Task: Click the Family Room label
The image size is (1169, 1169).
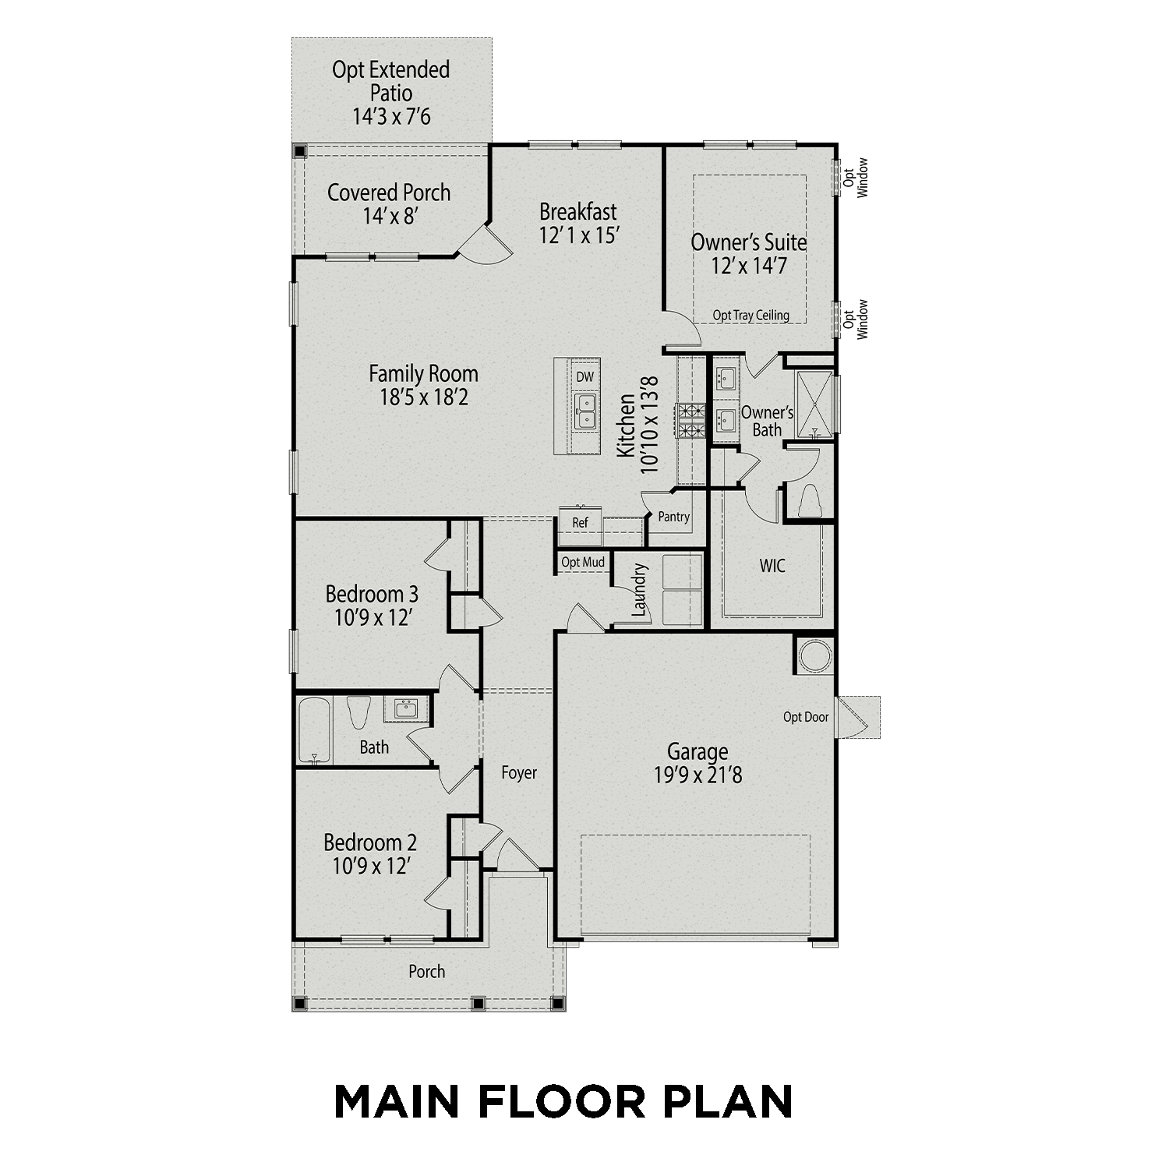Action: click(423, 374)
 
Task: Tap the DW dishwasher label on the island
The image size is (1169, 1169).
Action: click(584, 377)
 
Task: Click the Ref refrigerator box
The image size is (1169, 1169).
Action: click(580, 523)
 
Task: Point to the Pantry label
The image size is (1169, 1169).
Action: click(673, 517)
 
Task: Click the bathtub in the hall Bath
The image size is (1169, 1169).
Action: click(315, 730)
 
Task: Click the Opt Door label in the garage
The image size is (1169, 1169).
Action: click(805, 717)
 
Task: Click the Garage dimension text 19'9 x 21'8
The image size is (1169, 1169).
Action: click(698, 775)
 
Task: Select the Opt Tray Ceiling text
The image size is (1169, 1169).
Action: click(750, 316)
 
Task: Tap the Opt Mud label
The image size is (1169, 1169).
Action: click(583, 563)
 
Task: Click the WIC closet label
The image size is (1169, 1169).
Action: click(772, 566)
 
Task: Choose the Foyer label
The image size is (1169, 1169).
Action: click(519, 772)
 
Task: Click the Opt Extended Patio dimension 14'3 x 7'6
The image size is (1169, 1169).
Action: click(391, 118)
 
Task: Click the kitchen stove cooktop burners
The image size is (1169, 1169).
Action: click(690, 419)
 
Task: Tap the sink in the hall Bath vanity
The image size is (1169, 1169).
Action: click(405, 709)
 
